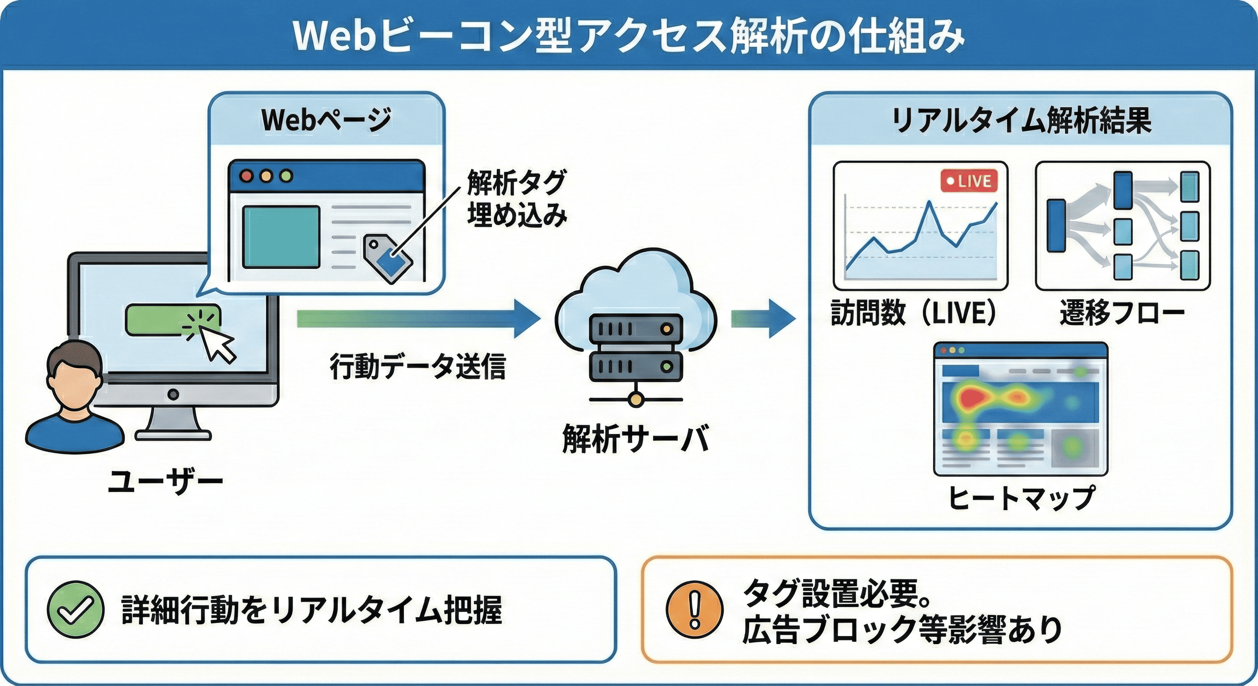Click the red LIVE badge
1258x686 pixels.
[969, 182]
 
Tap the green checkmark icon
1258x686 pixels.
[75, 609]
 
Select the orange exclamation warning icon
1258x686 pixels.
[694, 609]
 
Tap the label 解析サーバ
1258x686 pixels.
[635, 439]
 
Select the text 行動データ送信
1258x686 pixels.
[418, 366]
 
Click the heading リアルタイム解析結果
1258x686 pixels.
[1021, 121]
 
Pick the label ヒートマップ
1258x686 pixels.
[1021, 498]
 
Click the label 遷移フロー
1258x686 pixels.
[1122, 313]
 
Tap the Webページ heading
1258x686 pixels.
[326, 120]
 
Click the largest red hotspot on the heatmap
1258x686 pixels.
[972, 397]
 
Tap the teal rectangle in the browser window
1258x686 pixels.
[281, 237]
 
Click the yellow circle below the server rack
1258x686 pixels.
[635, 400]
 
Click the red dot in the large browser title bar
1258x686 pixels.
[247, 176]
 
